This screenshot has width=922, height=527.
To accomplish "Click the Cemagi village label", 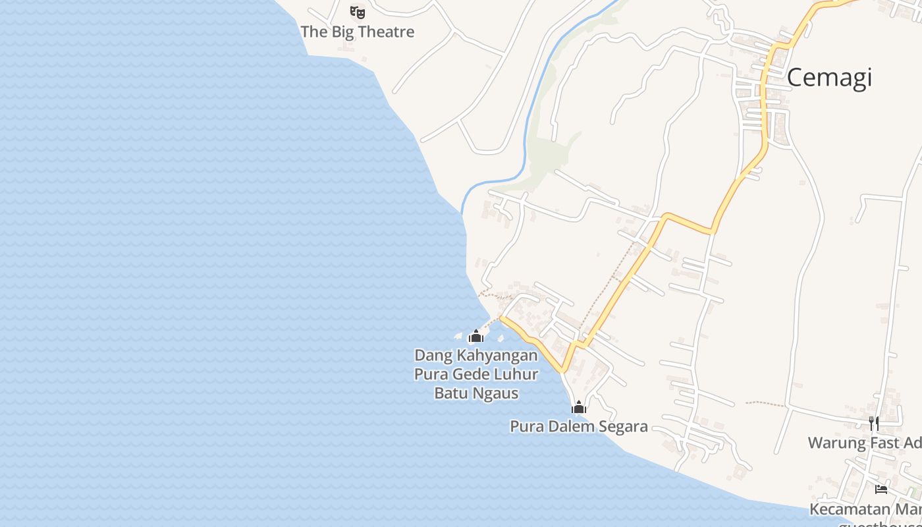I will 829,78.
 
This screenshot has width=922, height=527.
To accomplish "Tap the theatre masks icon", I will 358,12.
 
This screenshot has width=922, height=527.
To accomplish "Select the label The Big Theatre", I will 358,32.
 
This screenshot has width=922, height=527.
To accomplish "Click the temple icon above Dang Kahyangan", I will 476,337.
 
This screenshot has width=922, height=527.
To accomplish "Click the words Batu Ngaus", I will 476,394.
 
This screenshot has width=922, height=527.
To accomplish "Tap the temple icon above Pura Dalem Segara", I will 579,408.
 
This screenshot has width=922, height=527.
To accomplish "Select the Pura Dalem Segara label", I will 579,427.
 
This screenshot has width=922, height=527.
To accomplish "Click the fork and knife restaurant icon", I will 873,423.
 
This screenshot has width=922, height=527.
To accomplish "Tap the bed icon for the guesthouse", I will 881,489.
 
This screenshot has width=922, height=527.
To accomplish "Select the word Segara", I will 622,427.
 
